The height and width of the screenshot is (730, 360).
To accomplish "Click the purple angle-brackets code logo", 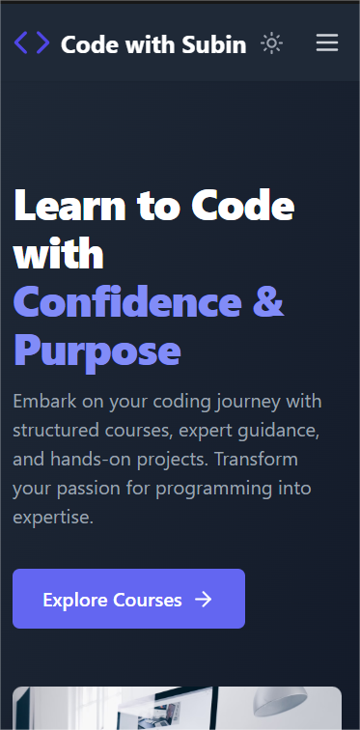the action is [x=32, y=43].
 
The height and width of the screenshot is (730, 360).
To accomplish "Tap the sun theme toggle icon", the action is [x=271, y=43].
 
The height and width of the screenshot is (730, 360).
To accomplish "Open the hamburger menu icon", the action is [x=327, y=43].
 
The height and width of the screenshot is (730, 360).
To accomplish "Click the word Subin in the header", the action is [x=214, y=44].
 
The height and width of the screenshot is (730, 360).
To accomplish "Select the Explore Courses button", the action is [x=128, y=599].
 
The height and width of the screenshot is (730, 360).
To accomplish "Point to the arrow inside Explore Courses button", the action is [x=204, y=600].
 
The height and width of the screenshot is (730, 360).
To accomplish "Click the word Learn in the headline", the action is [x=69, y=206].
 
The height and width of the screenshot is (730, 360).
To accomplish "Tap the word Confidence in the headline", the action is [x=127, y=301].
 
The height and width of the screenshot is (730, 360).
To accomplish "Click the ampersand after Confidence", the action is [x=268, y=301].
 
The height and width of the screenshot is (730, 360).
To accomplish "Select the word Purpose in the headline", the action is [x=97, y=351].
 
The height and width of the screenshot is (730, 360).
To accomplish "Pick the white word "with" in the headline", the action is [x=58, y=254].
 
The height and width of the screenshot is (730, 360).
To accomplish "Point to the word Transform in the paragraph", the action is [x=256, y=460].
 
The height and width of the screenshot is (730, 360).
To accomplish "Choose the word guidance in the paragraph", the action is [x=278, y=431].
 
